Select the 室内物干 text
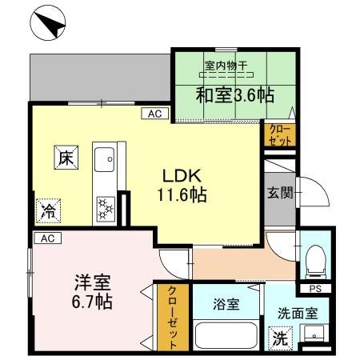click(x=225, y=67)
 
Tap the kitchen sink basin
click(x=105, y=162)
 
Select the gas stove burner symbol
click(x=104, y=210)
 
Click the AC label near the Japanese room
click(x=155, y=114)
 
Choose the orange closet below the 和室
click(x=280, y=134)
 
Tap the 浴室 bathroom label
click(x=226, y=304)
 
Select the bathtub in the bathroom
click(x=226, y=334)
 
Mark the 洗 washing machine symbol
click(x=282, y=338)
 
